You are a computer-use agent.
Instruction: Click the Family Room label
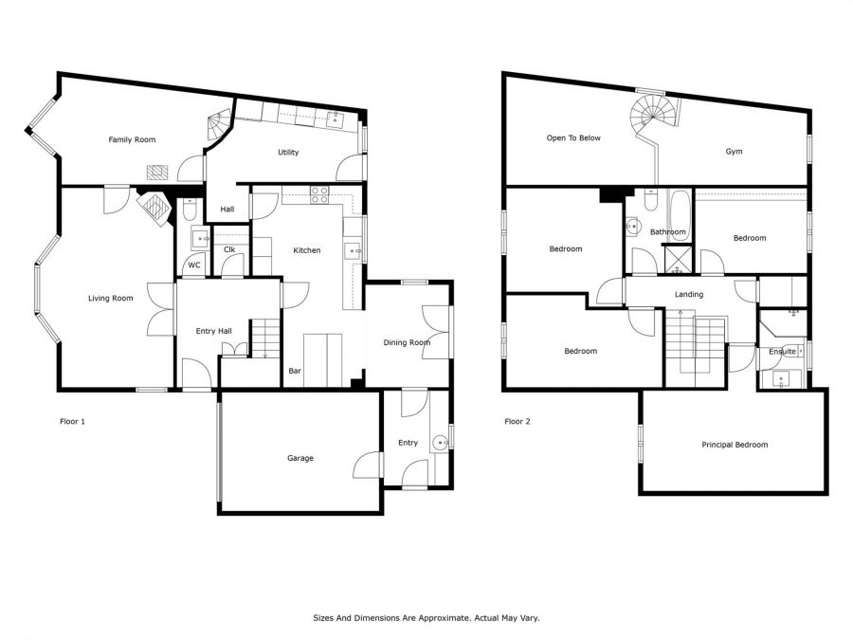(x=132, y=140)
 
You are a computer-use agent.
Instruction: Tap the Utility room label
(x=288, y=153)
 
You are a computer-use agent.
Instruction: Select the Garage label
(x=300, y=458)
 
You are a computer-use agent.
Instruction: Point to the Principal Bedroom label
(x=735, y=445)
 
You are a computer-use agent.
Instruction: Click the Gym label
(x=734, y=152)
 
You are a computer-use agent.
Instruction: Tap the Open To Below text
(x=573, y=138)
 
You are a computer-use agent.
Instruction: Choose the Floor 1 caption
(x=72, y=421)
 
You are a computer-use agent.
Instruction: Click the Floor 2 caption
(x=517, y=421)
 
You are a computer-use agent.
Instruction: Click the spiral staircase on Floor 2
(x=654, y=113)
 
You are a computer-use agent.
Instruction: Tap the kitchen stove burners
(x=319, y=194)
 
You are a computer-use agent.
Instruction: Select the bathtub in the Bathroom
(x=680, y=216)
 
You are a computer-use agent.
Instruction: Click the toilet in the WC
(x=190, y=209)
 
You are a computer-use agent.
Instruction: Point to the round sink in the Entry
(x=440, y=443)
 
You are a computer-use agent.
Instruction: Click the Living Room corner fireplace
(x=154, y=208)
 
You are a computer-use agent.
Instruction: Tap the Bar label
(x=295, y=371)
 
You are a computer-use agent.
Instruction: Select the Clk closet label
(x=229, y=249)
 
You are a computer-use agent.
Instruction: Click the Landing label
(x=689, y=295)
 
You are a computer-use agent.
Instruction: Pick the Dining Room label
(x=407, y=342)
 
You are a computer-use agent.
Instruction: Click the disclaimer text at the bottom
(x=426, y=617)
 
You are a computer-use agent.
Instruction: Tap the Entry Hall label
(x=214, y=331)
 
